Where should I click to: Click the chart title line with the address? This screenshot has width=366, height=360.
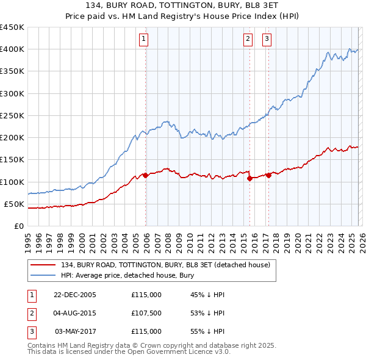[182, 6]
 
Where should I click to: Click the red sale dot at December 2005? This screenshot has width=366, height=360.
[146, 175]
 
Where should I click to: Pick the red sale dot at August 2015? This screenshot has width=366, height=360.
[250, 179]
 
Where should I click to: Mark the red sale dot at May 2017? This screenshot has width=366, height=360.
[269, 175]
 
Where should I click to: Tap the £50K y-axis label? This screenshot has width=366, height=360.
[15, 204]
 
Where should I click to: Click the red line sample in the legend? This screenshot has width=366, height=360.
[44, 265]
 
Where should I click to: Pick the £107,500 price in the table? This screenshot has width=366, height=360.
[146, 313]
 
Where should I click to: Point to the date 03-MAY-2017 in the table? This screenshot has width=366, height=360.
[76, 331]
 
